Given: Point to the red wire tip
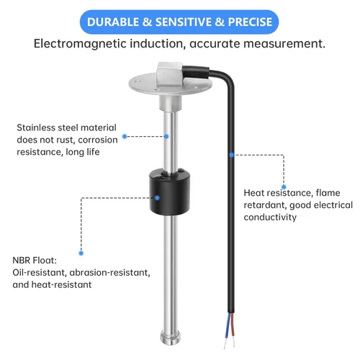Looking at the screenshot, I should coord(233,333).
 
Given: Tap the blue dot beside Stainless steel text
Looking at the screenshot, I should coord(124,135).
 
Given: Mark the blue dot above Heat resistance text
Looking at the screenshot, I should coord(283,175).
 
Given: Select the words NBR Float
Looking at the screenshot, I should coord(36,261).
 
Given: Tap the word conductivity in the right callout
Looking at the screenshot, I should coord(270,217).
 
